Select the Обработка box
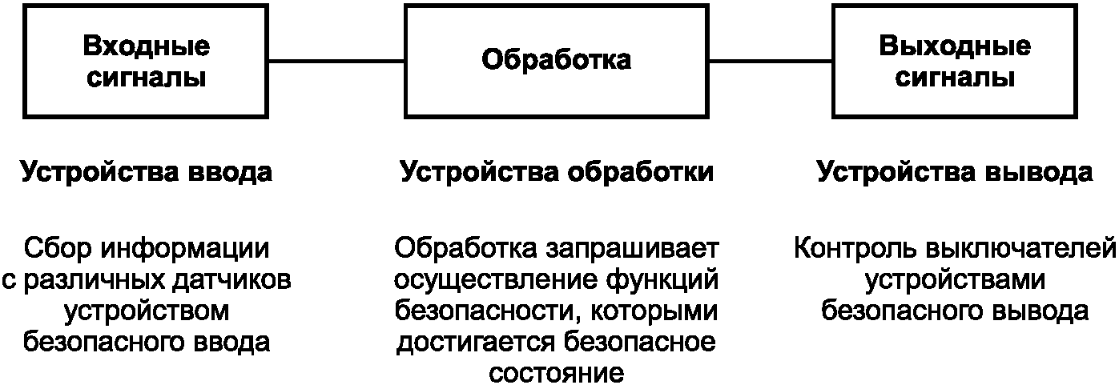[x=556, y=61]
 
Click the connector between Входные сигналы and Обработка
[x=337, y=61]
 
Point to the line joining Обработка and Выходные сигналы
[x=770, y=61]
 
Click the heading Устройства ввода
[x=147, y=173]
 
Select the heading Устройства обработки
[x=556, y=173]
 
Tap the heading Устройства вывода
[x=955, y=173]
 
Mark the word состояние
[x=556, y=374]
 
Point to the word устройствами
[x=955, y=280]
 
